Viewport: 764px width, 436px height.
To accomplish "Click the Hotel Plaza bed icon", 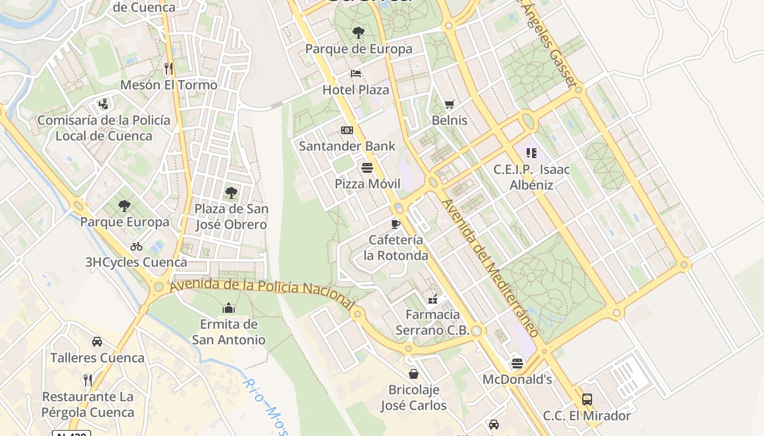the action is pos(356,74).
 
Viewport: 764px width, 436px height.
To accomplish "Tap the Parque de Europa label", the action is pos(359,49).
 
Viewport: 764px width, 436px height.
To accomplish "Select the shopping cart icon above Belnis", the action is pos(449,104).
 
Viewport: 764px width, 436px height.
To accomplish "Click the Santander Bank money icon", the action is pos(347,130).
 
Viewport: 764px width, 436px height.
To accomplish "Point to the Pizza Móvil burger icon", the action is pos(367,167).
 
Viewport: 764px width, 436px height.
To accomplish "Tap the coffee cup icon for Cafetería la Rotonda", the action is pos(396,224).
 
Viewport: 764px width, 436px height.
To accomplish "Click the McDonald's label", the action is pos(517,379).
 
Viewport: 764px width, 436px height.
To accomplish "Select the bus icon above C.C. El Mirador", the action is pos(587,399).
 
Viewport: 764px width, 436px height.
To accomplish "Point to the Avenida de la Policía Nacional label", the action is pos(262,289).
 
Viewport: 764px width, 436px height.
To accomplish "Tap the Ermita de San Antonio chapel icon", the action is pos(228,308).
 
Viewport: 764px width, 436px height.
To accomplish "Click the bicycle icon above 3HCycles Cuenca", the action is pos(136,246).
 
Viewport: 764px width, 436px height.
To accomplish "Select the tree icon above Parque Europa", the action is pos(124,206).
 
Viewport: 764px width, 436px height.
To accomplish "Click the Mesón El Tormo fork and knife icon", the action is pos(169,69).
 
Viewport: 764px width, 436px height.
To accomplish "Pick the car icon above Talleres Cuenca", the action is pos(97,342).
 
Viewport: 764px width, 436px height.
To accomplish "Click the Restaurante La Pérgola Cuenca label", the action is pos(88,404).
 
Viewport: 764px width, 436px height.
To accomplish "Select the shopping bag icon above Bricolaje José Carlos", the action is pos(414,374).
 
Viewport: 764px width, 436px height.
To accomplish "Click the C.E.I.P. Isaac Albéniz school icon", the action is pos(532,153).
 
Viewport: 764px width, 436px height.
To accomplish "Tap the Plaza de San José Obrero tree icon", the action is pos(231,192).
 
